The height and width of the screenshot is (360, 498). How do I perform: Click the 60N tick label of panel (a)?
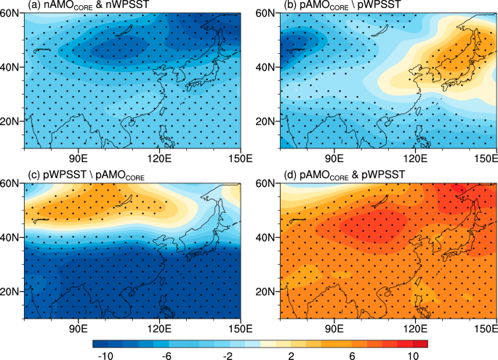(x=11, y=14)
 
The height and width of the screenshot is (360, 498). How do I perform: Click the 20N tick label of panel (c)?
(x=11, y=292)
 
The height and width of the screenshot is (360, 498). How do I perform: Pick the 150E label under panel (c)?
(x=239, y=326)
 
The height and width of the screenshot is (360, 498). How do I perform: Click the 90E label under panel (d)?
(x=334, y=326)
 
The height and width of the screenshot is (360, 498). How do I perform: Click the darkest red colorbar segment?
(x=421, y=341)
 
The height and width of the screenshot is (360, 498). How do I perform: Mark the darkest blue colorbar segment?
(x=100, y=341)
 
